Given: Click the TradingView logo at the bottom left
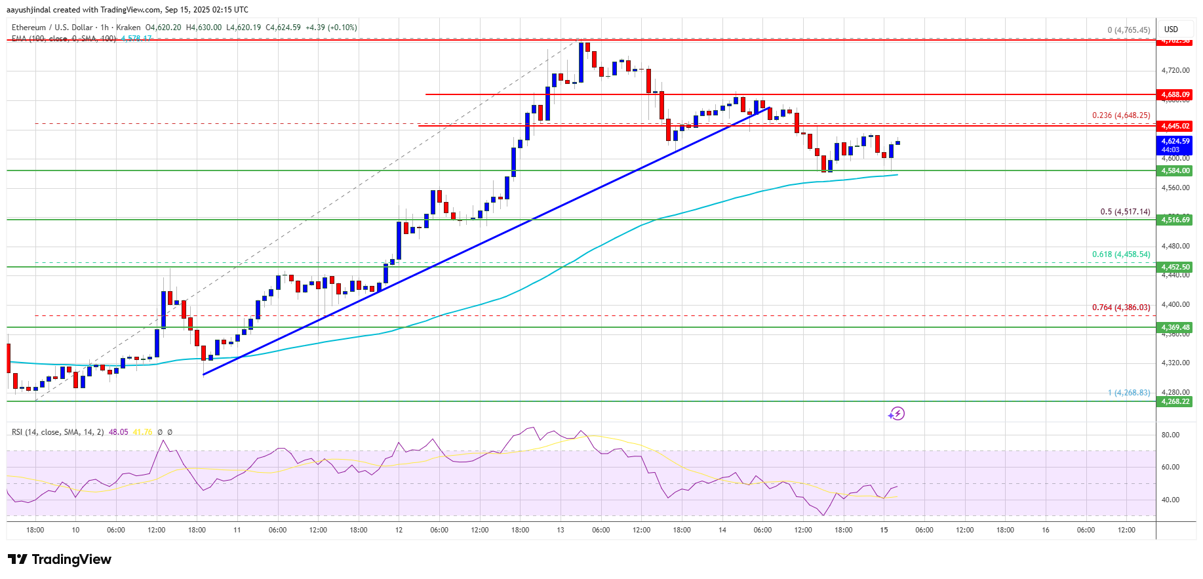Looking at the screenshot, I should click(60, 559).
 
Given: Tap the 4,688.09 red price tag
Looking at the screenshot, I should click(1175, 94).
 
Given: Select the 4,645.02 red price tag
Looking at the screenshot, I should click(1175, 126).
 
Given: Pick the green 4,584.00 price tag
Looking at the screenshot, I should click(1175, 170).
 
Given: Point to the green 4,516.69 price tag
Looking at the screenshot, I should click(1175, 220).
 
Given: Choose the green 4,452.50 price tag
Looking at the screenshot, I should click(1175, 267).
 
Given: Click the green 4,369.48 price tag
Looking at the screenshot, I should click(1175, 327).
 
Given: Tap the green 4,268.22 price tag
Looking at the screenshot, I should click(1175, 401).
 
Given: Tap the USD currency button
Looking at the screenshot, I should click(1171, 30).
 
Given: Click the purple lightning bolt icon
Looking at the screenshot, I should click(896, 414).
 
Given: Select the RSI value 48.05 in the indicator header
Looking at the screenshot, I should click(119, 432).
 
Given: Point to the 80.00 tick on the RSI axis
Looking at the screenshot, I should click(1170, 435).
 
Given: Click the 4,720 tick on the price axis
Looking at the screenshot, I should click(1175, 70).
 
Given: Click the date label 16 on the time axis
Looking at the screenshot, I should click(1046, 530).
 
